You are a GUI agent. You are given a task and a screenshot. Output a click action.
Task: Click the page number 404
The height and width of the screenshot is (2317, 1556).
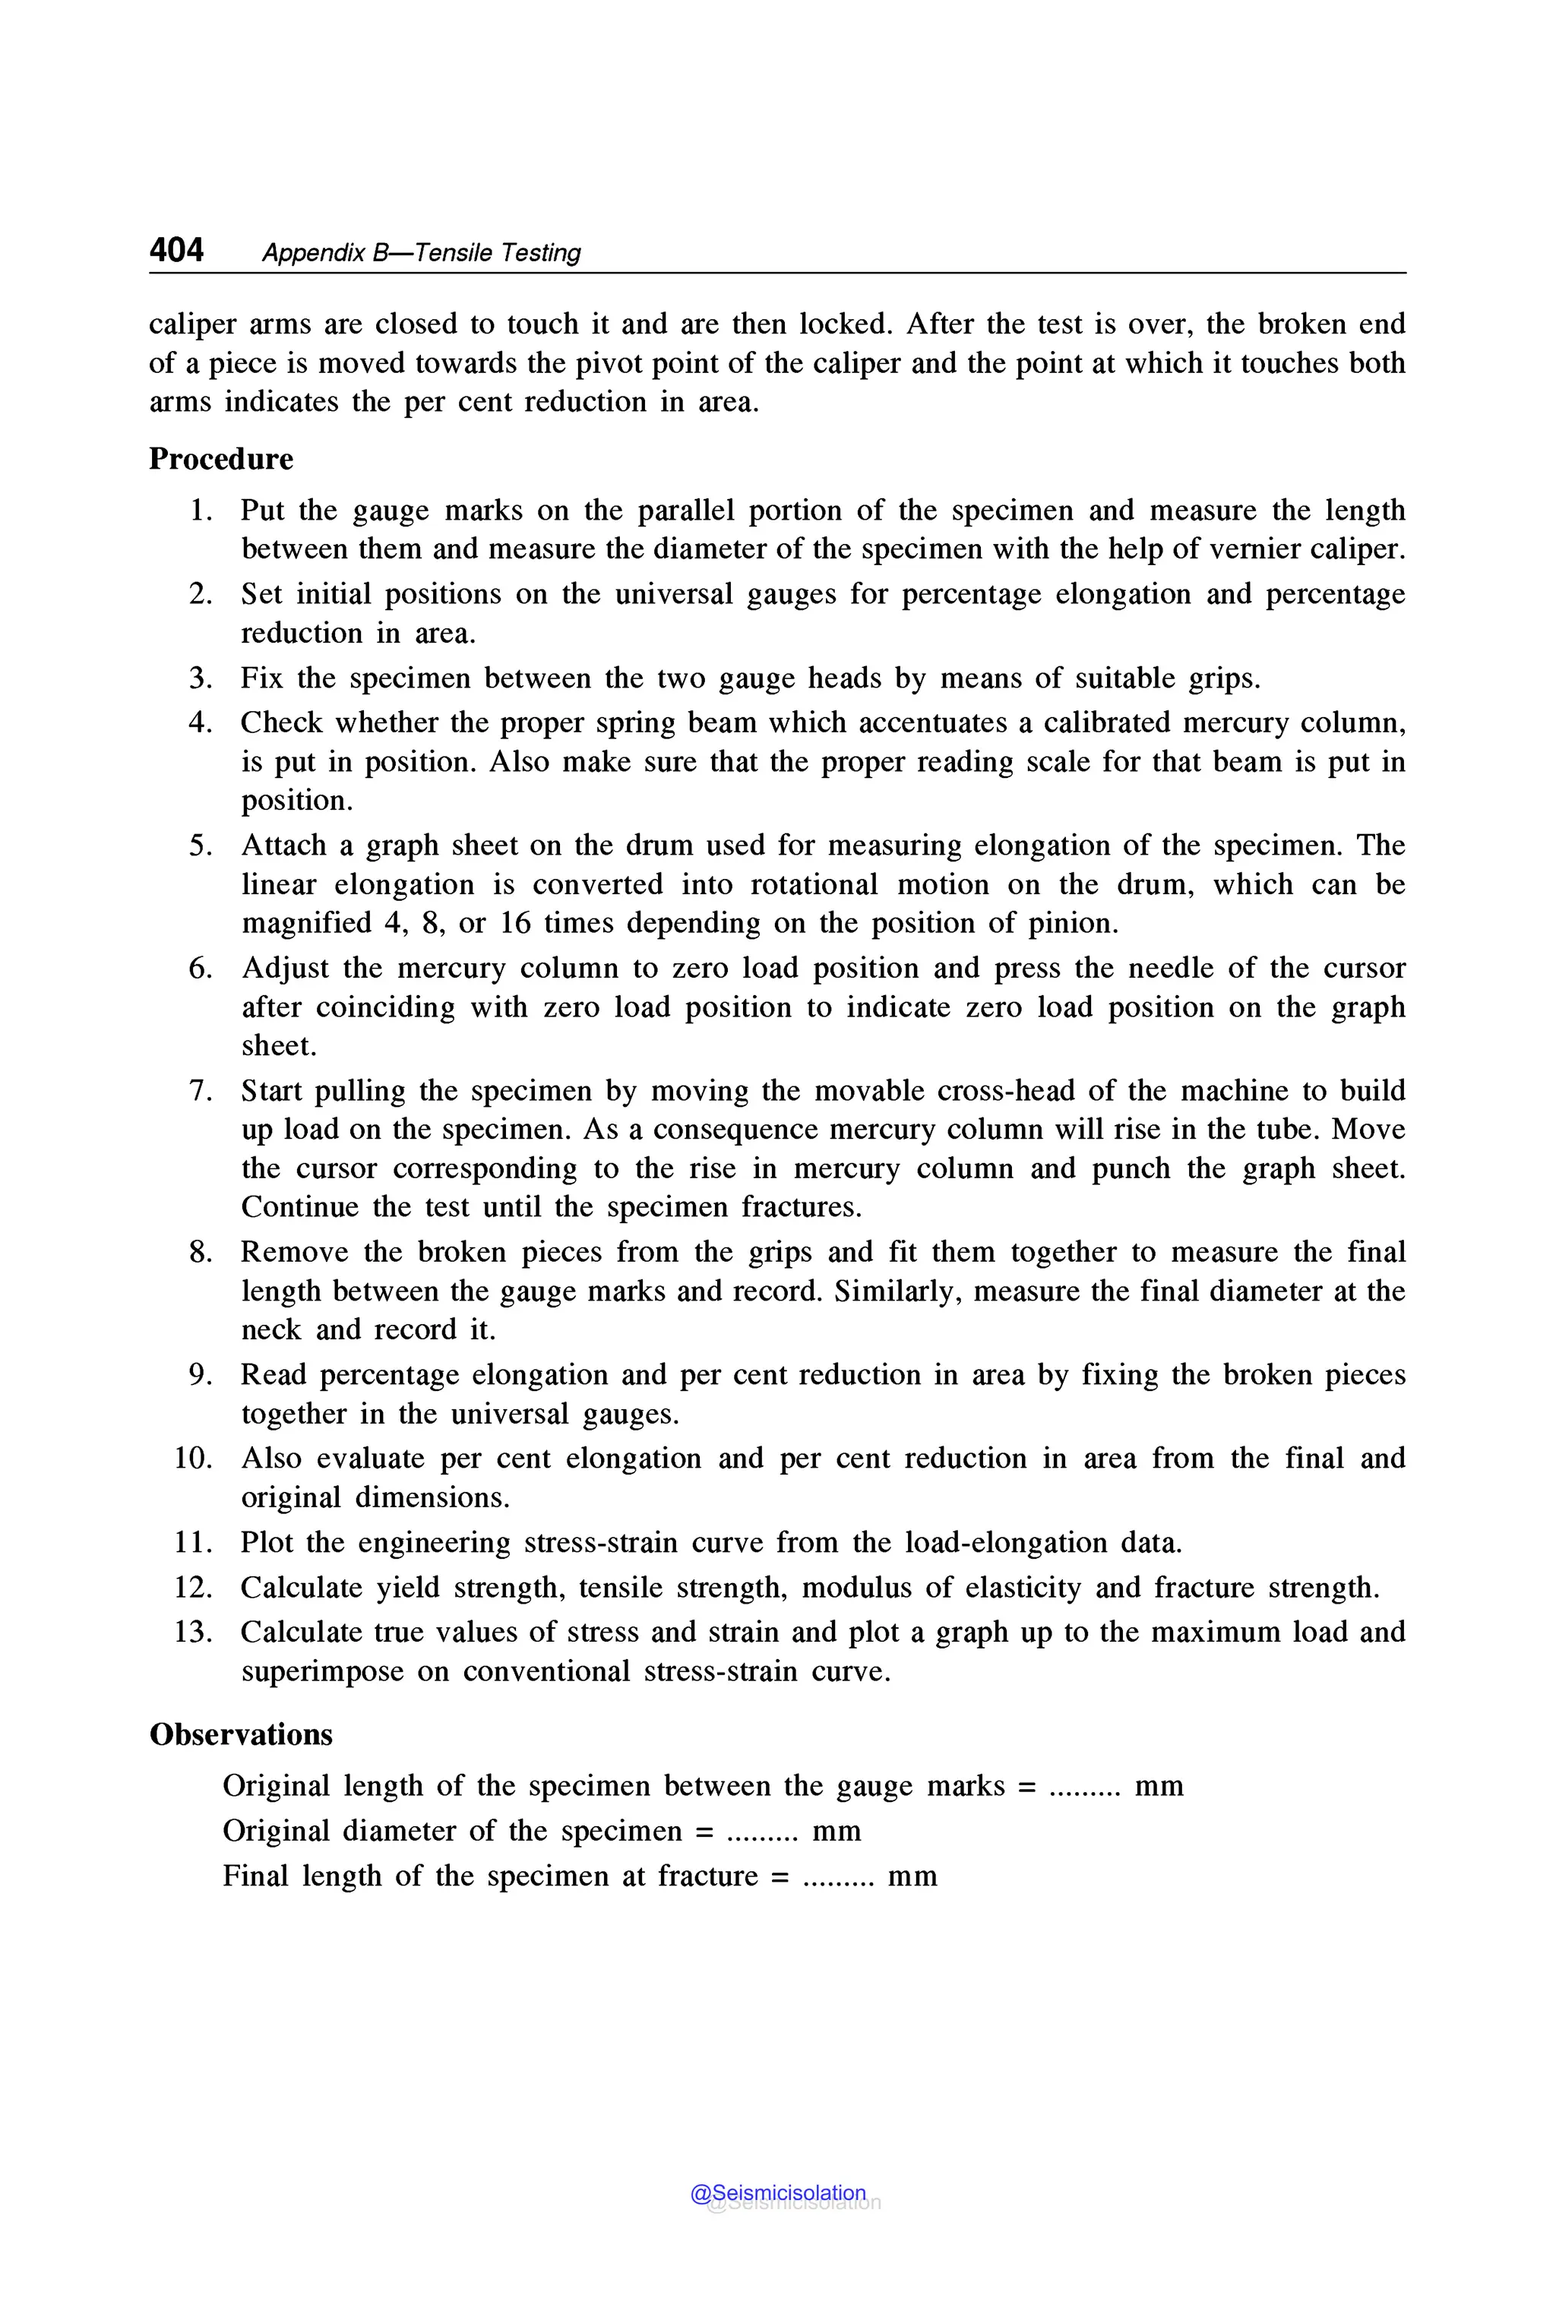(x=176, y=250)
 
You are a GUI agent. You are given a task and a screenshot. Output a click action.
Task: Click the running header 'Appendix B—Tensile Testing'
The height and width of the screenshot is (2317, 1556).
(x=421, y=253)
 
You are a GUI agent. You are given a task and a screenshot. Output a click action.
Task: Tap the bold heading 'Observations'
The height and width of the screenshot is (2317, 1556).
(x=241, y=1734)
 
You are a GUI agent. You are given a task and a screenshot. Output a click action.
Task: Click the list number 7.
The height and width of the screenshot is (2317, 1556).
(x=201, y=1091)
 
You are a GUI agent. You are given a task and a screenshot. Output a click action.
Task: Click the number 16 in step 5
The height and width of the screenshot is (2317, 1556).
(x=515, y=923)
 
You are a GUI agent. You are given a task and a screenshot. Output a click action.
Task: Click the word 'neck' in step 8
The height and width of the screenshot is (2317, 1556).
(x=271, y=1329)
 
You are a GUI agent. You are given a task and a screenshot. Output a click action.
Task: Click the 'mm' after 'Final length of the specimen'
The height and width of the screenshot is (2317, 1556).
(x=912, y=1876)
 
